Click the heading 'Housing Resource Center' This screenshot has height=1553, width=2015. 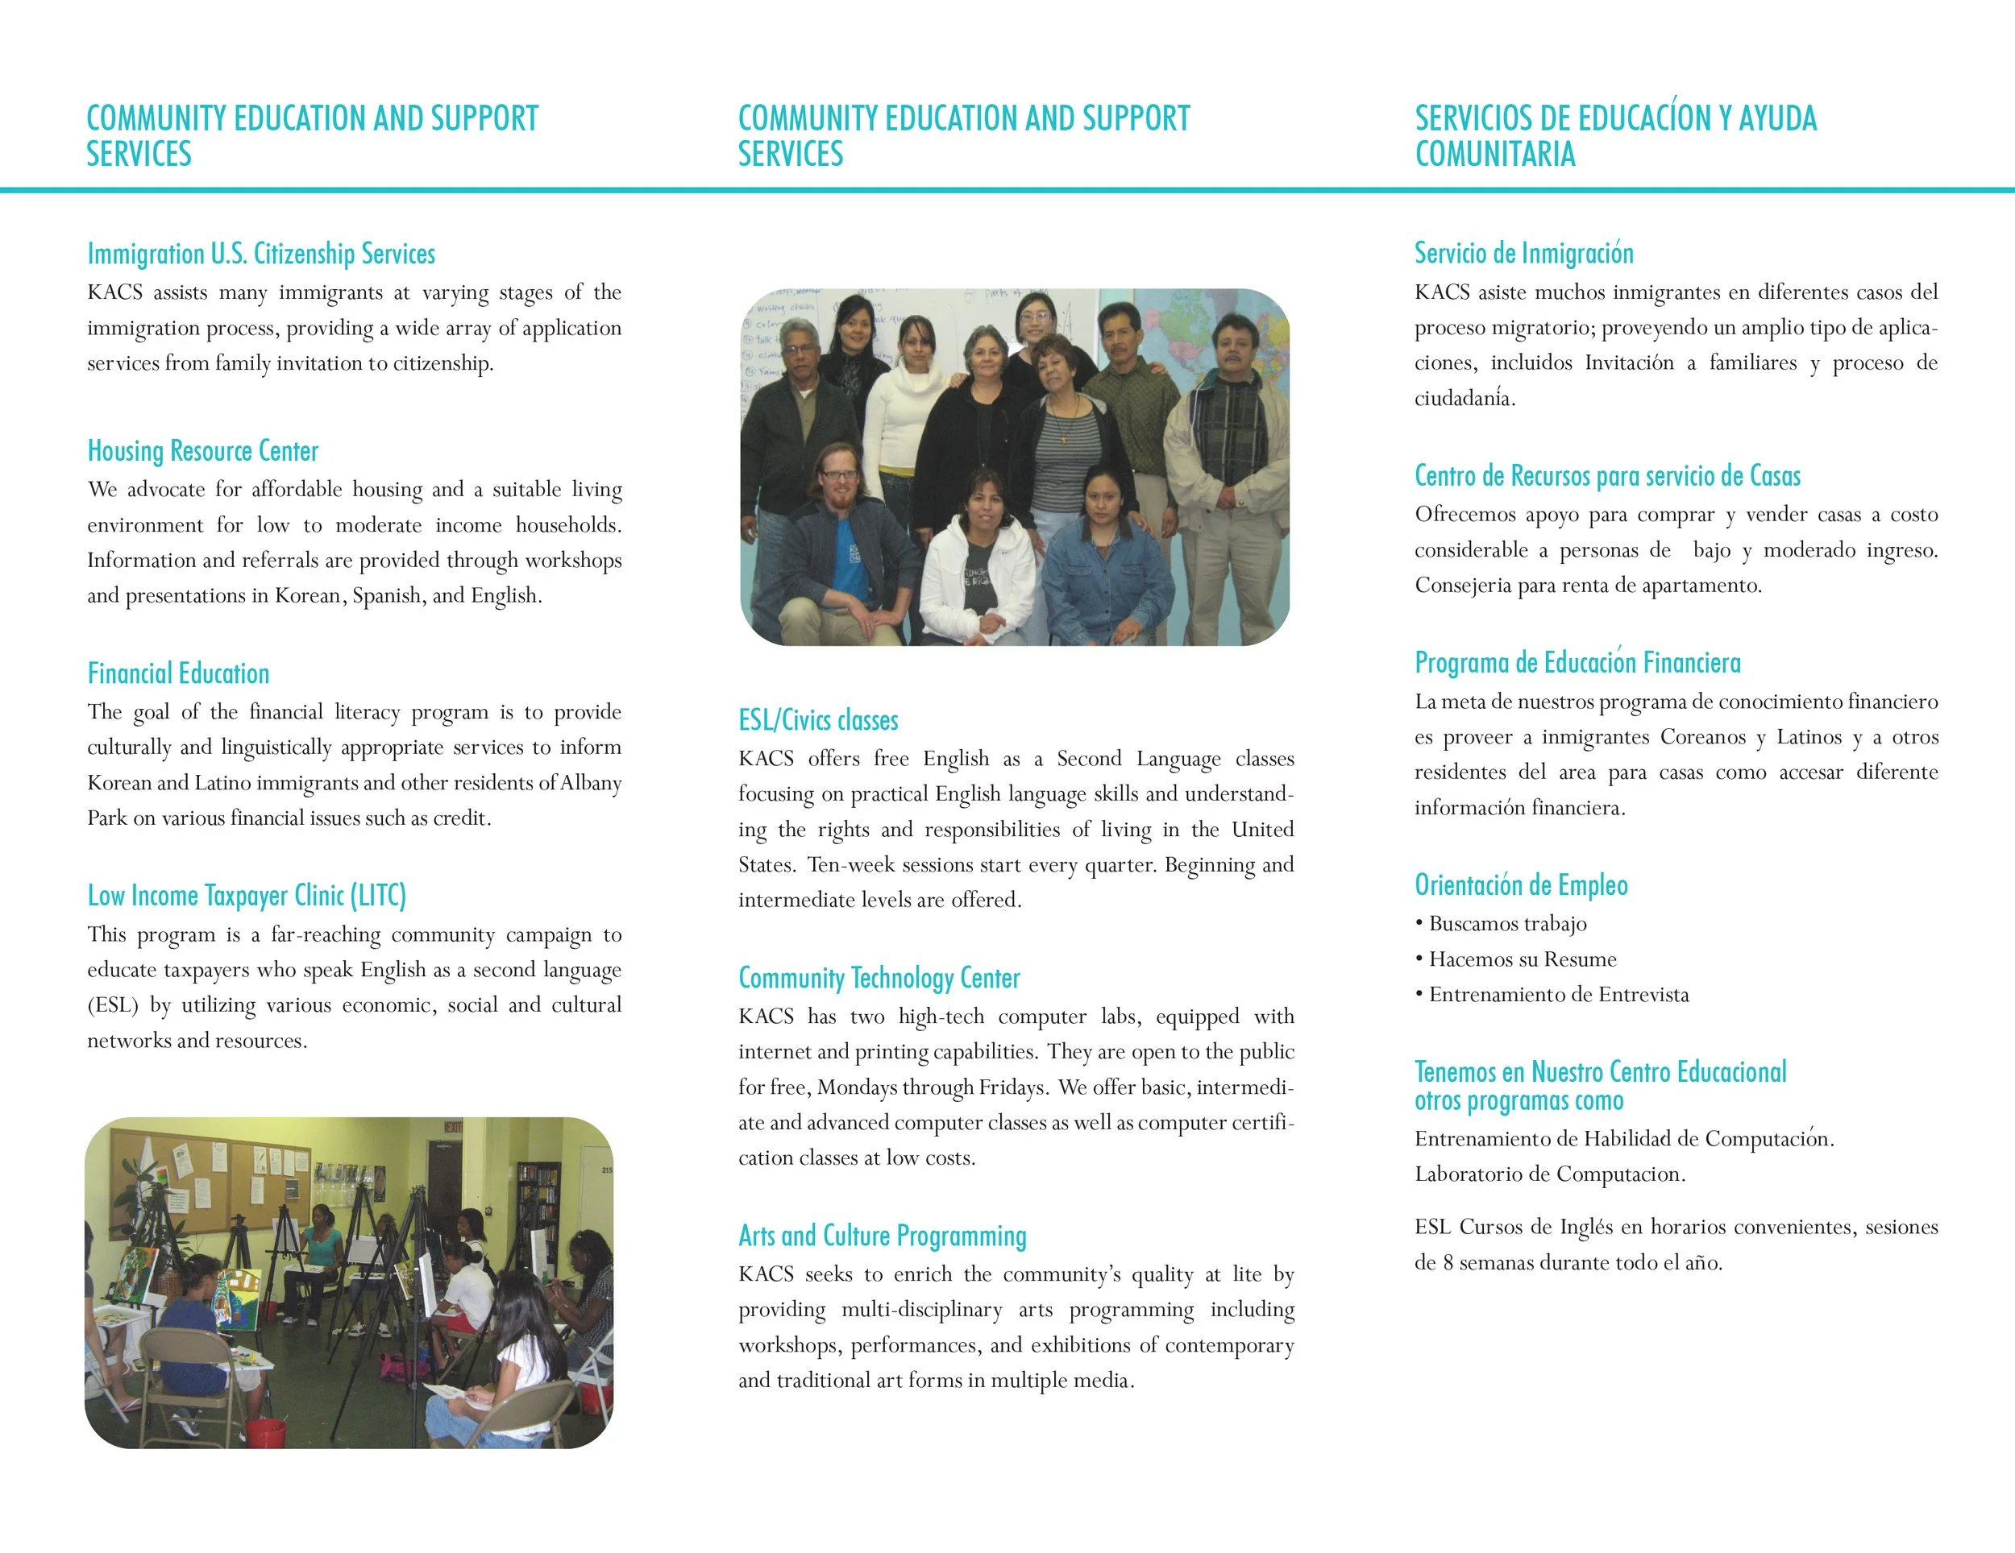(x=203, y=451)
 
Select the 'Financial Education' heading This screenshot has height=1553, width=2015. (x=178, y=673)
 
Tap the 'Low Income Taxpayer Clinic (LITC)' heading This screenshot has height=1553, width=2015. (x=247, y=896)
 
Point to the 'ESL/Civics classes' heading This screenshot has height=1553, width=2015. (x=818, y=720)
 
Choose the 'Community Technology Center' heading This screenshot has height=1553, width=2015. (x=879, y=978)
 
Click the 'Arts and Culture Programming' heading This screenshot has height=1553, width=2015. (x=882, y=1236)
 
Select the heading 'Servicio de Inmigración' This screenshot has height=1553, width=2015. (x=1524, y=253)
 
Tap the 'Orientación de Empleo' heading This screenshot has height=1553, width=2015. (x=1522, y=885)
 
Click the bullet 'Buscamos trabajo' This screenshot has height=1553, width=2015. (x=1507, y=924)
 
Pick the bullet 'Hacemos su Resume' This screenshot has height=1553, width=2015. (x=1523, y=959)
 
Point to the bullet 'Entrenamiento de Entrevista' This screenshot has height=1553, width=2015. (x=1558, y=995)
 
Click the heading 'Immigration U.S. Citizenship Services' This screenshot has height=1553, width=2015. (x=261, y=254)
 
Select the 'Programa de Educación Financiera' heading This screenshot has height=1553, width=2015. (x=1577, y=662)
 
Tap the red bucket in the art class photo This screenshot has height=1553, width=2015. (x=267, y=1432)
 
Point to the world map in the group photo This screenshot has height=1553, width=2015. (x=1199, y=332)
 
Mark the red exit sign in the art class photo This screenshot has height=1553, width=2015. (x=453, y=1126)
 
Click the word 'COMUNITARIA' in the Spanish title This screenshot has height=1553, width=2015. (x=1494, y=154)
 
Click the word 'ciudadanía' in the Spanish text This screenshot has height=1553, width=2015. (x=1465, y=399)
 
